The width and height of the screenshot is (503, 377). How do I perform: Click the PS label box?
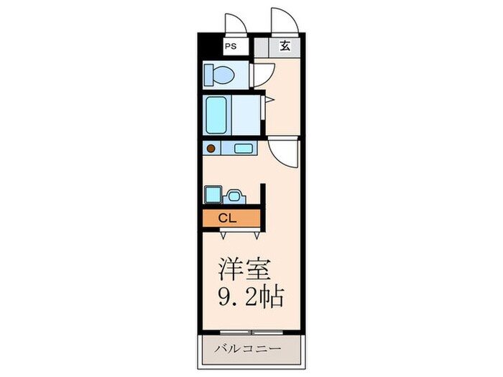point(231,47)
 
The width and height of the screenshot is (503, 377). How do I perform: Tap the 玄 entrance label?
point(285,47)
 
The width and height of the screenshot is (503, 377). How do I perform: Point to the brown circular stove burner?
point(211,149)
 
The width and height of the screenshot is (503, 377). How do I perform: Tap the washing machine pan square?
point(212,194)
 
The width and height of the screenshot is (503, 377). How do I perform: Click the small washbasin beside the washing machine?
point(234,195)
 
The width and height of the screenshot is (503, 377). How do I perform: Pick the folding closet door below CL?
point(234,231)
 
